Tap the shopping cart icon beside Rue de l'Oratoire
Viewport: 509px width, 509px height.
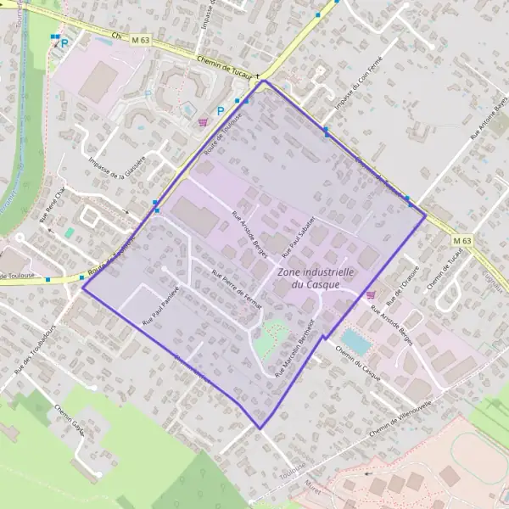pos(370,294)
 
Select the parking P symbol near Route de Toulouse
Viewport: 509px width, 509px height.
pos(221,110)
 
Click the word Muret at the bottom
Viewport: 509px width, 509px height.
pos(313,486)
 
